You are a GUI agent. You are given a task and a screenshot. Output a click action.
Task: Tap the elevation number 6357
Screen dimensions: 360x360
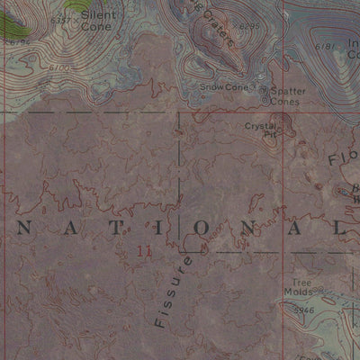pos(62,19)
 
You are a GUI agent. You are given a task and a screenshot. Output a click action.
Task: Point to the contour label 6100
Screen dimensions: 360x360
pos(60,66)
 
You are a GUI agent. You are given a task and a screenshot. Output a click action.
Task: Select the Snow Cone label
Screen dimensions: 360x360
pos(223,87)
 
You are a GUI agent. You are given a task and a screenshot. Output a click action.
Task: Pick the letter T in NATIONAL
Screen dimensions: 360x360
pos(110,229)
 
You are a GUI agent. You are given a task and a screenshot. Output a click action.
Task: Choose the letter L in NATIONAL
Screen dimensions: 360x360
pos(341,229)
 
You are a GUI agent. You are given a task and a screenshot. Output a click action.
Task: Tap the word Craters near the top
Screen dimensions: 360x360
pos(216,27)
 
